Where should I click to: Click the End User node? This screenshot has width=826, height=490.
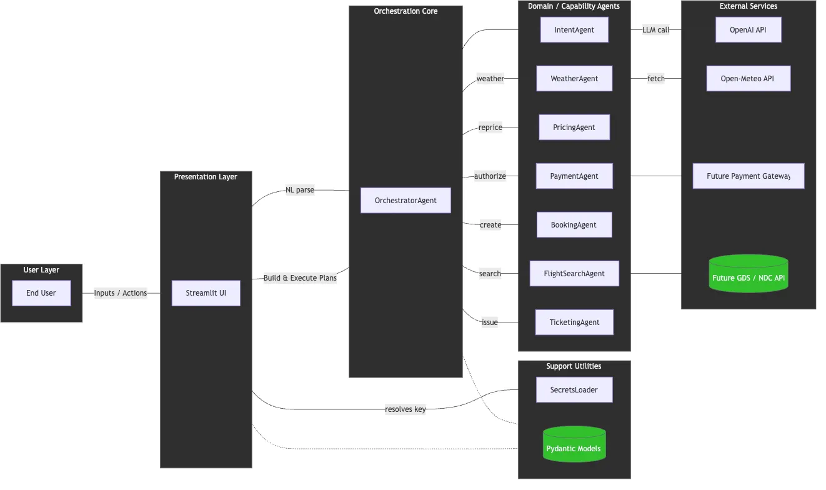point(41,293)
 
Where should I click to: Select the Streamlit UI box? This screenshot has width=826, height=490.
point(206,293)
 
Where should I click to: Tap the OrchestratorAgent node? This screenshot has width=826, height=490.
point(406,201)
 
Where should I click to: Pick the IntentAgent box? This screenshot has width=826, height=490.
point(574,30)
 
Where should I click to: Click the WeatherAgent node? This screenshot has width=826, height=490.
point(574,79)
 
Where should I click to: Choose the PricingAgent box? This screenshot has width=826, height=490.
point(574,127)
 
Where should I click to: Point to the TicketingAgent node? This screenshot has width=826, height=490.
point(574,322)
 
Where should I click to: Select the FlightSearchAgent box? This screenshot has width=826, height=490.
point(574,274)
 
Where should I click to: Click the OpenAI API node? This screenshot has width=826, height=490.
point(748,30)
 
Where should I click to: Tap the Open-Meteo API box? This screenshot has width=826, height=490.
point(748,79)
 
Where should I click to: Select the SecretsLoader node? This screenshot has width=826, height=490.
point(574,390)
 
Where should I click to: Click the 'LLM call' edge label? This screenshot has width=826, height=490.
point(655,30)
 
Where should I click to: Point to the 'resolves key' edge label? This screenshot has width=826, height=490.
point(405,409)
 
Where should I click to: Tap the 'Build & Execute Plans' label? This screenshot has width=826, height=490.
point(300,277)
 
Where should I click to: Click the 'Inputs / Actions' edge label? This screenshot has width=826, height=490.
point(121,293)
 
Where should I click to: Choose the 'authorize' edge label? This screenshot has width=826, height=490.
point(490,176)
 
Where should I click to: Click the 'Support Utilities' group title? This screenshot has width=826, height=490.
point(574,366)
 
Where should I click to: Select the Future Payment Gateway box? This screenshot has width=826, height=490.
point(748,176)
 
